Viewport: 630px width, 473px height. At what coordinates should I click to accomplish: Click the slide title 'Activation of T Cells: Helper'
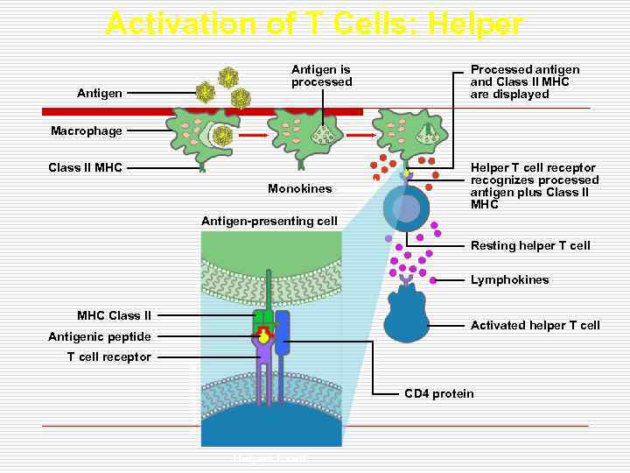[314, 23]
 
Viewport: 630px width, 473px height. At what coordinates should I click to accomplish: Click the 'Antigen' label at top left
[100, 92]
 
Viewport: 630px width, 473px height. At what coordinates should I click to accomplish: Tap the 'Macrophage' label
[87, 131]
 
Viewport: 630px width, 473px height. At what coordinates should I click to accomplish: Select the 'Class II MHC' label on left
[86, 167]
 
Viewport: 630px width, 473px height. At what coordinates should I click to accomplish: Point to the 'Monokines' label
[300, 188]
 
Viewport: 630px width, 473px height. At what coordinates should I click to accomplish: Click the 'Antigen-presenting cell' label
[269, 221]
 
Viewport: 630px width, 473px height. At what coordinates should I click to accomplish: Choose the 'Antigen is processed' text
[321, 75]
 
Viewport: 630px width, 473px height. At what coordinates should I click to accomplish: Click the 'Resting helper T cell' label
[530, 245]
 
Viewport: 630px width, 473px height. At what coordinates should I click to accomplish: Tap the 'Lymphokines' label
[509, 280]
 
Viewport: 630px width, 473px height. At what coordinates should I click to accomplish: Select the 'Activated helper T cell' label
[535, 325]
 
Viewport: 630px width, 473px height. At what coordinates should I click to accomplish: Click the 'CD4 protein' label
[438, 393]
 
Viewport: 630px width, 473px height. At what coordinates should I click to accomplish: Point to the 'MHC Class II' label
[114, 315]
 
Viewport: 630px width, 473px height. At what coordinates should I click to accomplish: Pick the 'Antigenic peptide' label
[100, 336]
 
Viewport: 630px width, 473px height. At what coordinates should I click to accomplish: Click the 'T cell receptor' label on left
[109, 357]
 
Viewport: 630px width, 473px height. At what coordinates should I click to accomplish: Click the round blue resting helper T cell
[406, 207]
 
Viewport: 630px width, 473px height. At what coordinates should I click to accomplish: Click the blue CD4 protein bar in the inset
[282, 332]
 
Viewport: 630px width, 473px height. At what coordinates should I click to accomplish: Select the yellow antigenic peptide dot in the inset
[263, 336]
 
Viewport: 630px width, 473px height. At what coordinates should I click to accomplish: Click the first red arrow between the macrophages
[251, 137]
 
